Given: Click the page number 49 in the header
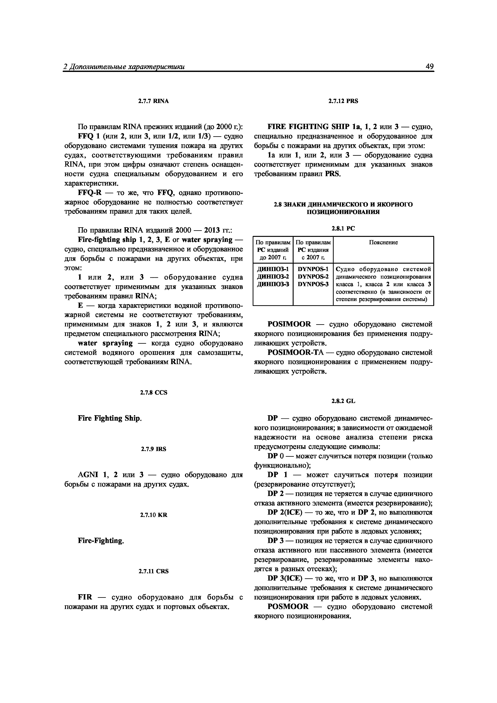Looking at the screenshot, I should click(x=429, y=67).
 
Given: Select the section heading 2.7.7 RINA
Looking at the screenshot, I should click(x=154, y=101).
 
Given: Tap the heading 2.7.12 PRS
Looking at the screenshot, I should click(x=343, y=101).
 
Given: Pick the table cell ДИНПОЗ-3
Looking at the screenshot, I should click(x=273, y=284).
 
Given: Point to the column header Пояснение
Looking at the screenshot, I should click(x=383, y=242).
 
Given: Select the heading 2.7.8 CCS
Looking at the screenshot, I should click(x=154, y=393).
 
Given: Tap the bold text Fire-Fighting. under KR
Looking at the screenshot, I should click(x=101, y=541).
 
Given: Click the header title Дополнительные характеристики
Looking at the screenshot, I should click(x=127, y=67).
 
